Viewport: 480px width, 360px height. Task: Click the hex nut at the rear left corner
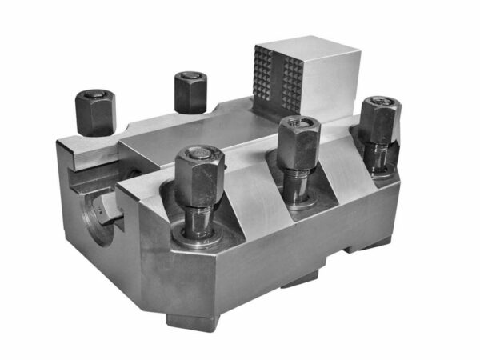[x=95, y=112]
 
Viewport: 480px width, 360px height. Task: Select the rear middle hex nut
[x=190, y=93]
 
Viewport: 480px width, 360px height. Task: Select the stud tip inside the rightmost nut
[x=382, y=102]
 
